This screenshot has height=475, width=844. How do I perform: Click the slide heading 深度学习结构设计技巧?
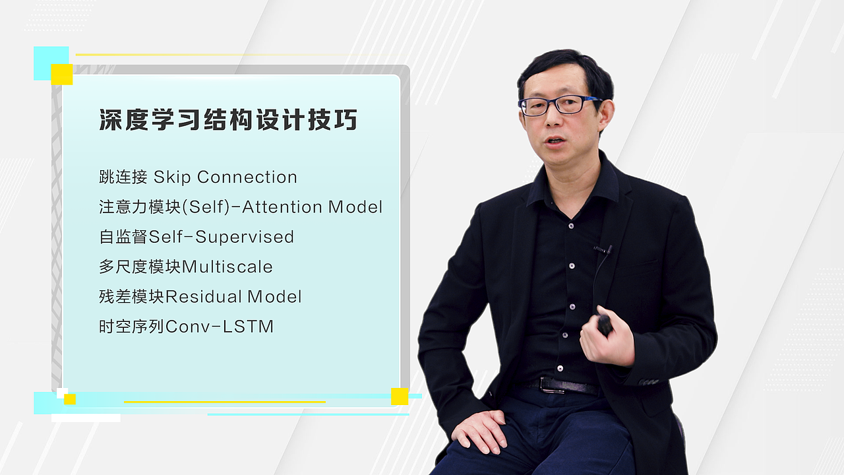228,121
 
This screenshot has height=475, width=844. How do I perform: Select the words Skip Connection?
226,177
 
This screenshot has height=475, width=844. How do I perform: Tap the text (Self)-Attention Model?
282,207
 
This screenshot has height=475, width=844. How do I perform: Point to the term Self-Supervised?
222,237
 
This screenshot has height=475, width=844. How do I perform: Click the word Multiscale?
227,267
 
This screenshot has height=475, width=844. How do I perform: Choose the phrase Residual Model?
233,297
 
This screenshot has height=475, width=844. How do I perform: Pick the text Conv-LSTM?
220,327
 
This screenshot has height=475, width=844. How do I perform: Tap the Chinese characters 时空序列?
131,327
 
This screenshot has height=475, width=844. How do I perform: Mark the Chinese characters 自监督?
123,237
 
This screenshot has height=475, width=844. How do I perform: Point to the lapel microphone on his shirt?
602,249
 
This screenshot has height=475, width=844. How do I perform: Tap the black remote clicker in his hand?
604,324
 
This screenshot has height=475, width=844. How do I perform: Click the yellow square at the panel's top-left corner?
62,75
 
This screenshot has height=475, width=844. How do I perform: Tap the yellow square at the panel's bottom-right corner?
400,396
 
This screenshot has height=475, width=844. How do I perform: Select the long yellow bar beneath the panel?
224,402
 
